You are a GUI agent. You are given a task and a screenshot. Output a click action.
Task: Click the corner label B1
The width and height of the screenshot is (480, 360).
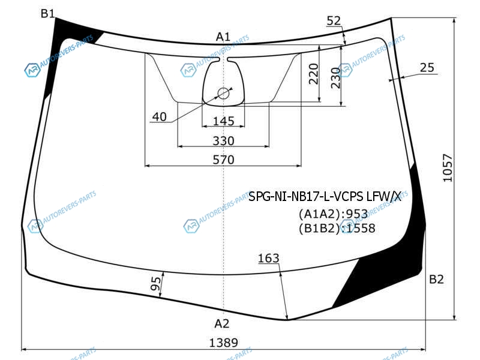47,13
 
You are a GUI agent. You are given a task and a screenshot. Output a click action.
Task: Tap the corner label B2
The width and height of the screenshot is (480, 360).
436,279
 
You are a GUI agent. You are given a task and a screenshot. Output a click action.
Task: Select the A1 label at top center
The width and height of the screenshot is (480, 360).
223,37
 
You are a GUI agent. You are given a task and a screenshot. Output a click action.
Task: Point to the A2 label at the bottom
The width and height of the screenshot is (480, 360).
221,323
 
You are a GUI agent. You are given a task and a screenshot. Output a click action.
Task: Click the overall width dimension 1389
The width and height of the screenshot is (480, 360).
223,343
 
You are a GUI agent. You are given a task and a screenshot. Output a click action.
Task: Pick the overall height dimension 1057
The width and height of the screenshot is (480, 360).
448,168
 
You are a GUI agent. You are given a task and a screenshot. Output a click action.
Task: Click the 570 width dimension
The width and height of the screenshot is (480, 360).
223,160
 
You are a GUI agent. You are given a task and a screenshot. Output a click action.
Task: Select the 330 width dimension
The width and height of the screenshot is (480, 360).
223,141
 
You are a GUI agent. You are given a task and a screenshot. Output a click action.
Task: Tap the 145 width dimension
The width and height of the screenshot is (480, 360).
223,121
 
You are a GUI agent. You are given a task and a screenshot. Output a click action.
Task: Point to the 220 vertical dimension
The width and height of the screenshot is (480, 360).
314,74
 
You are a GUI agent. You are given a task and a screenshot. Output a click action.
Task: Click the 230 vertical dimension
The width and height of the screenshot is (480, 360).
335,78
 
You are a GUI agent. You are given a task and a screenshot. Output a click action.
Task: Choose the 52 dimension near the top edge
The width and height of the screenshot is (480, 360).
334,21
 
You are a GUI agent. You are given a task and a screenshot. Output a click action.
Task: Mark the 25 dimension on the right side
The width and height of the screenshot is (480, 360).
427,68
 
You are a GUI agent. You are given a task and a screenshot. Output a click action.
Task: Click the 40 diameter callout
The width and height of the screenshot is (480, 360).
159,116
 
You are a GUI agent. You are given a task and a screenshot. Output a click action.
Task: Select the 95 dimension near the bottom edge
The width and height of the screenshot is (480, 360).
156,284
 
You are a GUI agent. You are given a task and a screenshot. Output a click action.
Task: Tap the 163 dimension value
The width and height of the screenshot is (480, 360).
268,259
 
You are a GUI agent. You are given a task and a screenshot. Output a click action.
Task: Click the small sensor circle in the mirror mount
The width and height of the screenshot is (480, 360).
223,94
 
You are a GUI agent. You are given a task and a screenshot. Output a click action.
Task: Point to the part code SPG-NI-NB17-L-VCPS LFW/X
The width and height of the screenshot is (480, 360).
325,197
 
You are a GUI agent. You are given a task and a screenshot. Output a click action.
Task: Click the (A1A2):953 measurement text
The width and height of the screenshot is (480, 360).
333,214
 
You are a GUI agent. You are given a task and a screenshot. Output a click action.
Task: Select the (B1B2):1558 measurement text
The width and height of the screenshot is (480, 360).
337,228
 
